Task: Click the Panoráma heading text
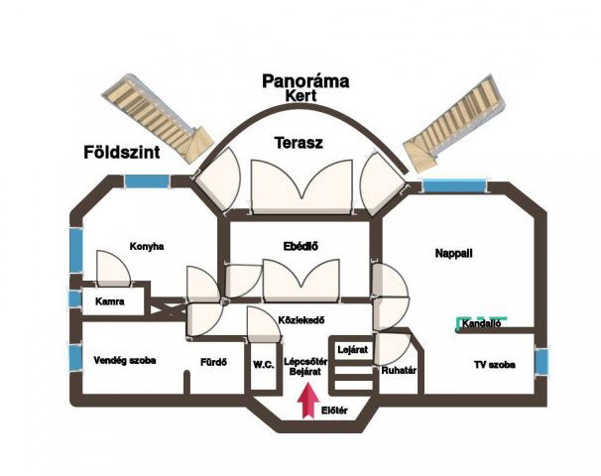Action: [305, 81]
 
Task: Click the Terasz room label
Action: [299, 143]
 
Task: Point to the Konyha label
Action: [146, 246]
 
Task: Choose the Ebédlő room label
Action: [300, 246]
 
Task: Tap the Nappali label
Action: [453, 254]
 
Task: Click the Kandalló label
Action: [483, 323]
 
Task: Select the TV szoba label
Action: [493, 365]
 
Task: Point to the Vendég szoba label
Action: [124, 360]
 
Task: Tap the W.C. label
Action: [263, 364]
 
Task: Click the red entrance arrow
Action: [308, 399]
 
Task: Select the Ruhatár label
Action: [398, 370]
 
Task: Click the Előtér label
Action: [333, 411]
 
